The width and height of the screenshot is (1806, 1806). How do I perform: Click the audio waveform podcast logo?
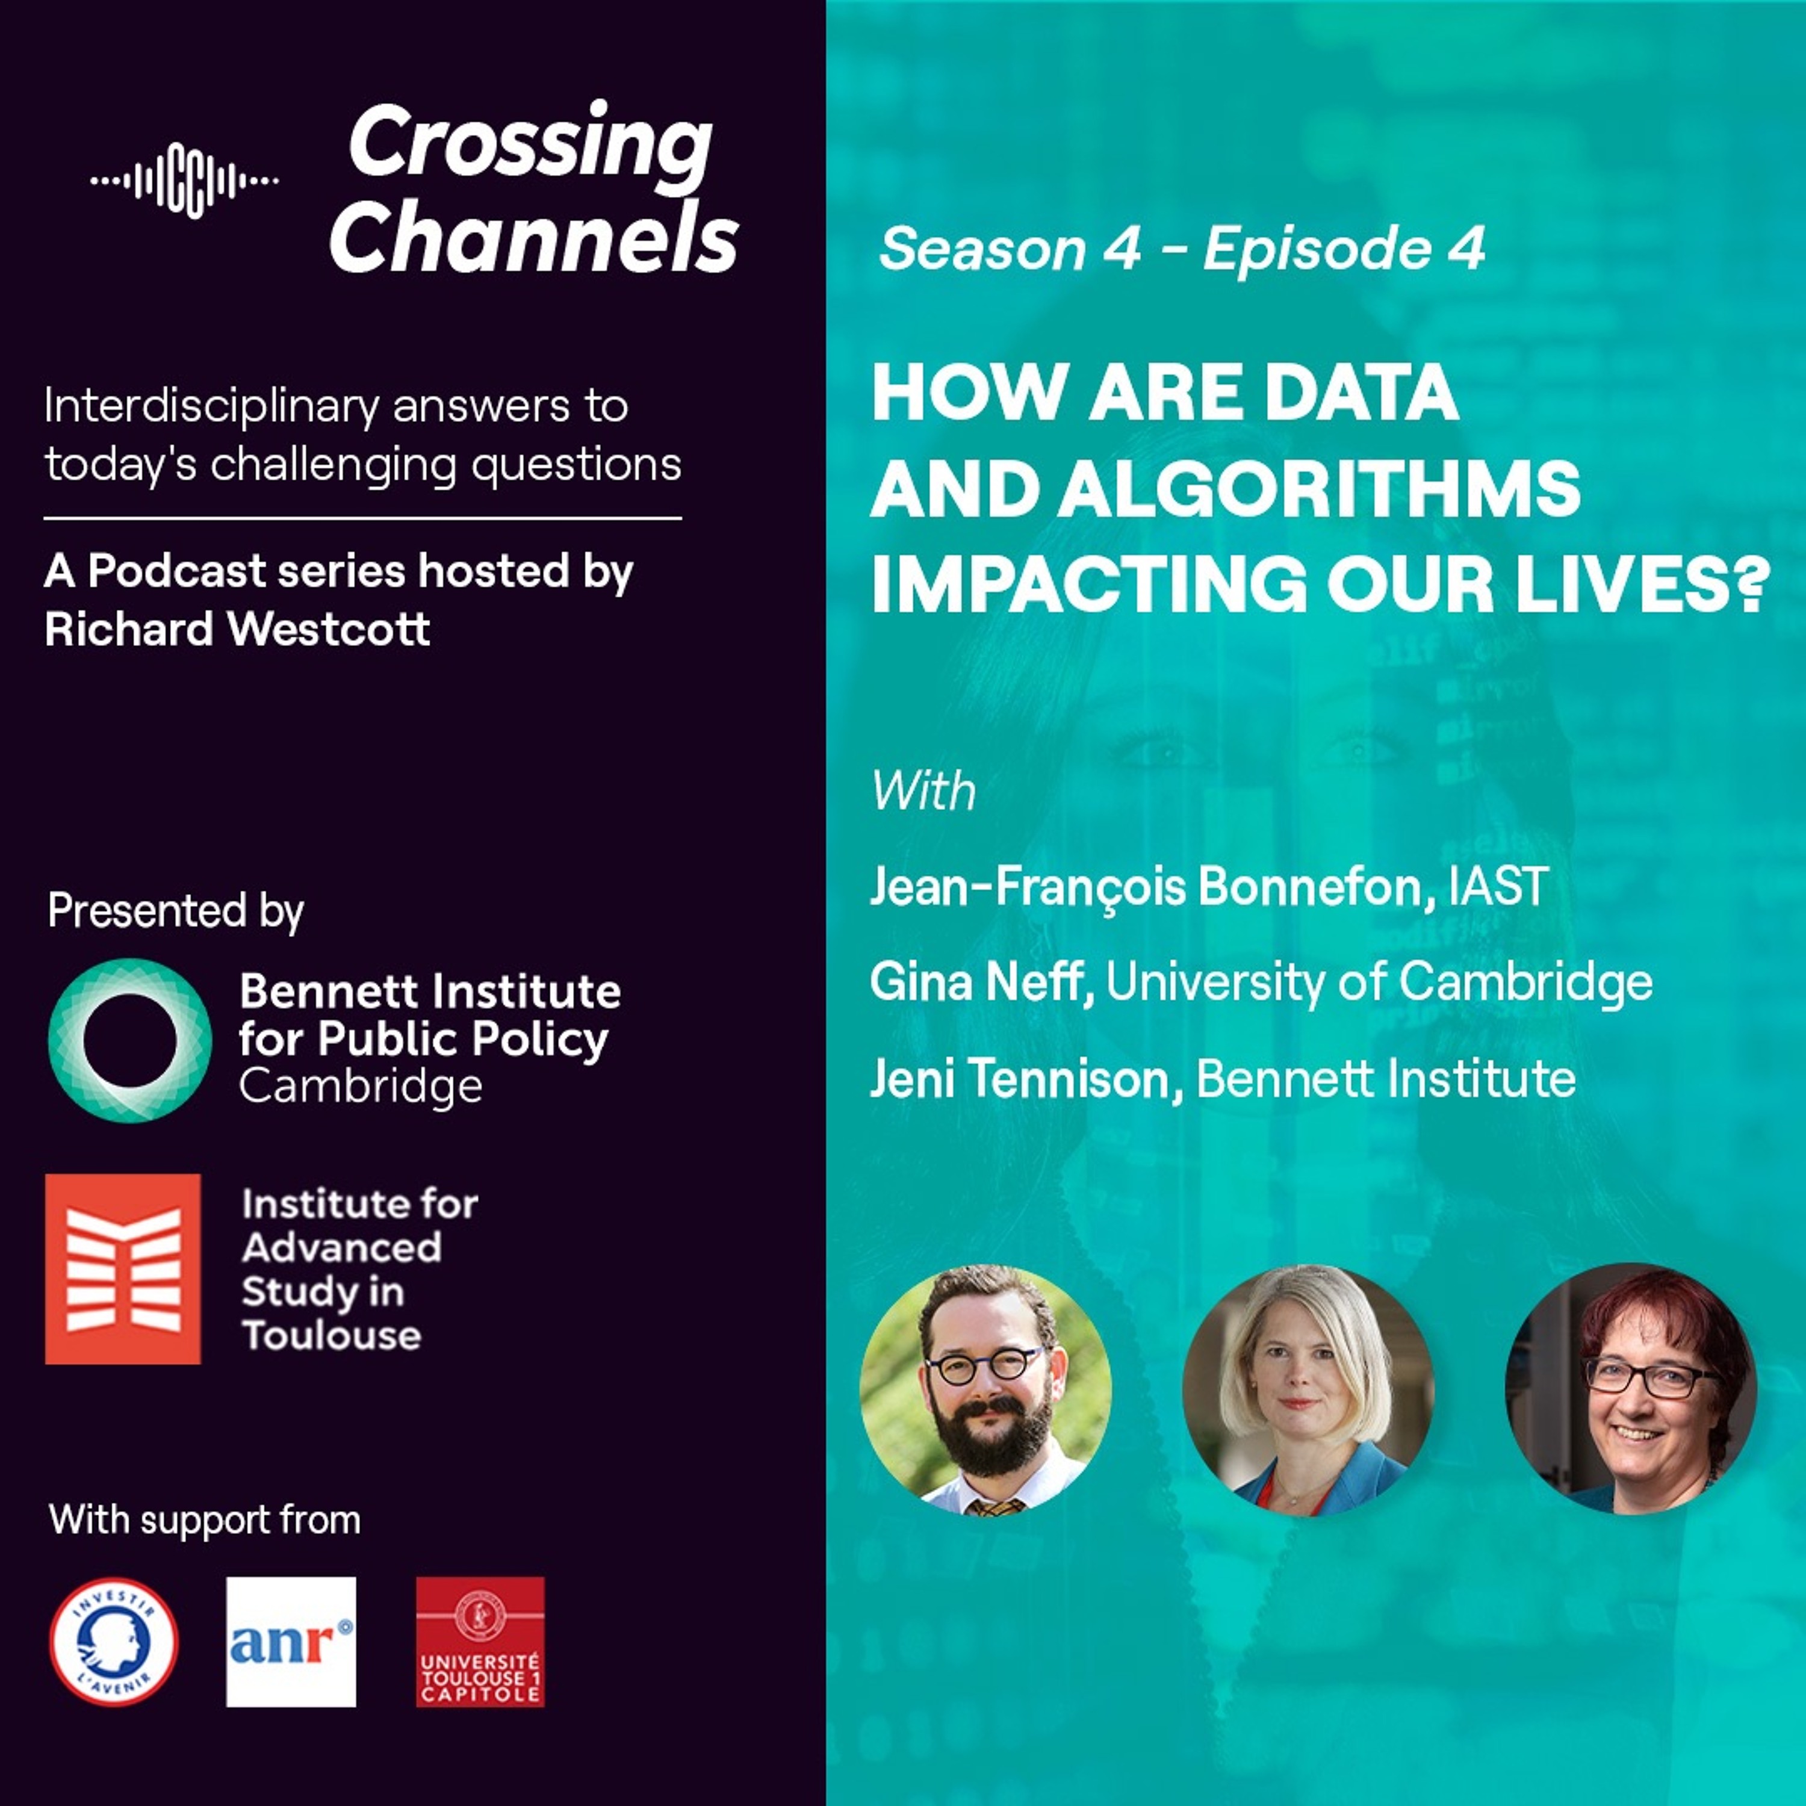(x=185, y=179)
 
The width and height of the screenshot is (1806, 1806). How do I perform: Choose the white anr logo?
(x=291, y=1642)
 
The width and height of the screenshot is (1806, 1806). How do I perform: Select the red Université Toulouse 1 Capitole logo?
(x=480, y=1642)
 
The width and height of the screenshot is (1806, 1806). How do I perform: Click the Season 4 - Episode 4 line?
(x=1182, y=249)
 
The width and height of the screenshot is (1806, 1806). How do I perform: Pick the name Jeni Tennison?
(x=1020, y=1079)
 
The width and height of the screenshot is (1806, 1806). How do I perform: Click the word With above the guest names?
(x=923, y=791)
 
